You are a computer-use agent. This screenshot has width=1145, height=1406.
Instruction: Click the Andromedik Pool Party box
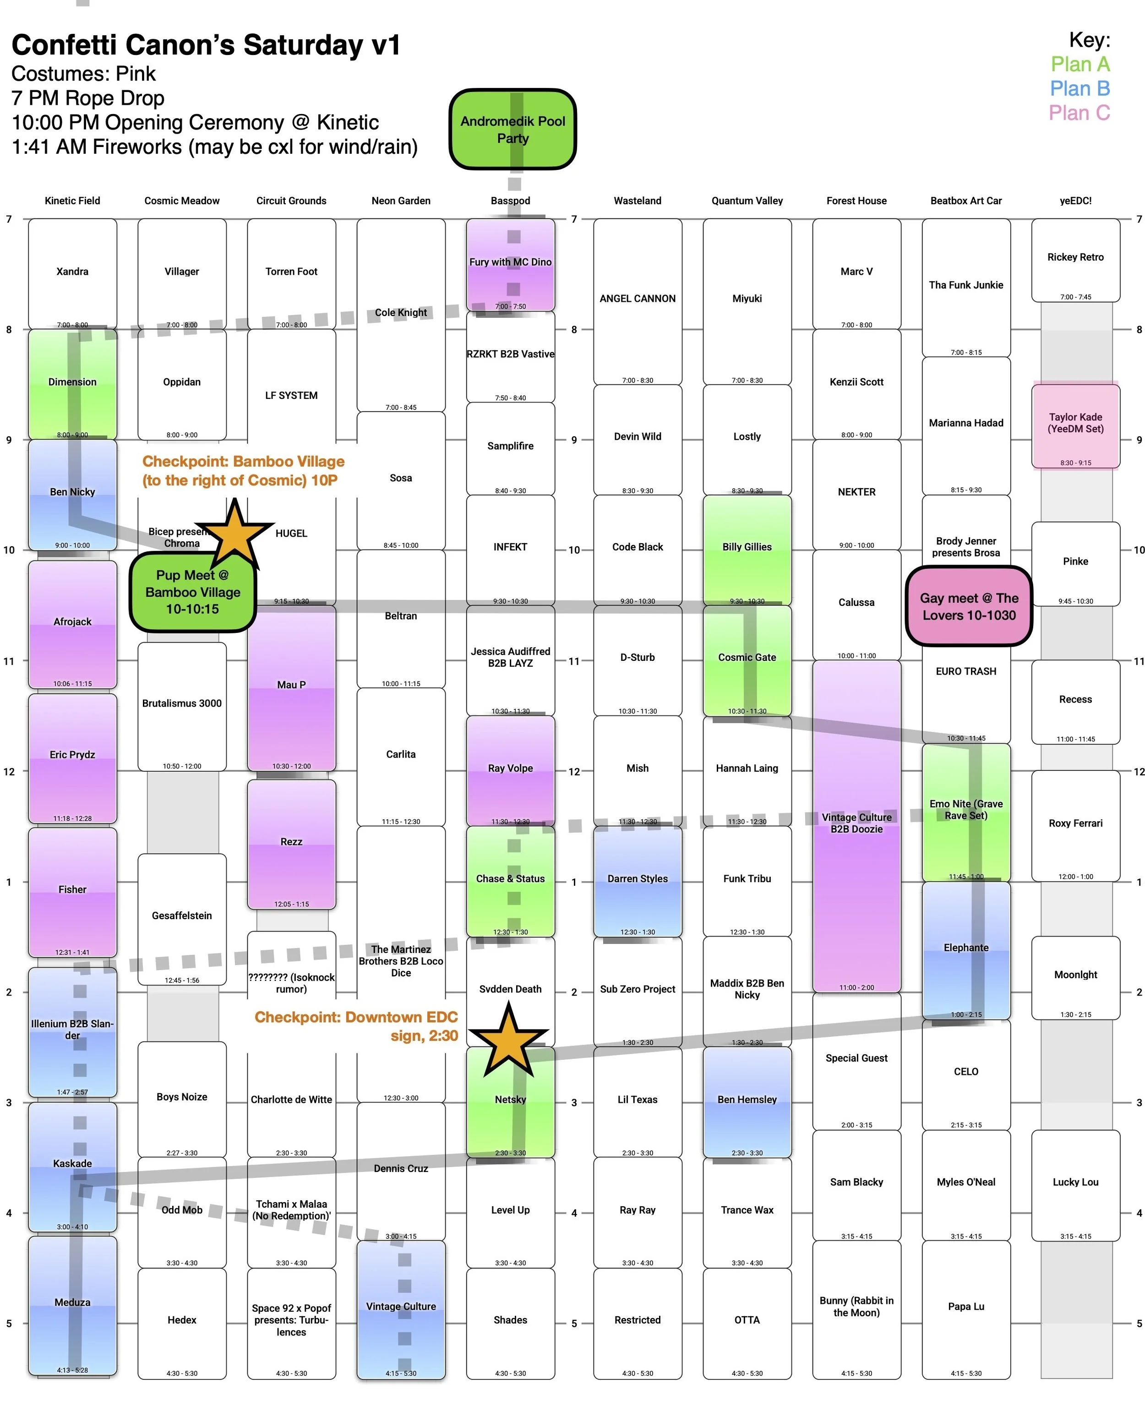[513, 129]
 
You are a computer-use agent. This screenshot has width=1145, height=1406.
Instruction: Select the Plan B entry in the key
[1079, 88]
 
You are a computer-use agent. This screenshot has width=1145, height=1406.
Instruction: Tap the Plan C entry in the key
[1079, 113]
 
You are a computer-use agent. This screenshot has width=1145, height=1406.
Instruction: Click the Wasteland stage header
[637, 201]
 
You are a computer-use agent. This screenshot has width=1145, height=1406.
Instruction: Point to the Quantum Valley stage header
[747, 201]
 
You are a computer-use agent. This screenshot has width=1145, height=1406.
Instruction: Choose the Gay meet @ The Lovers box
[968, 606]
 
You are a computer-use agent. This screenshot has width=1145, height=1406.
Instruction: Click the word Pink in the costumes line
[136, 73]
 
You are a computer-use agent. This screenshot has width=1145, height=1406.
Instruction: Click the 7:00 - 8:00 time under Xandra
[72, 324]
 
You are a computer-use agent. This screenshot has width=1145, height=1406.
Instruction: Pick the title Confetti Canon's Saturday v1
[206, 45]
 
